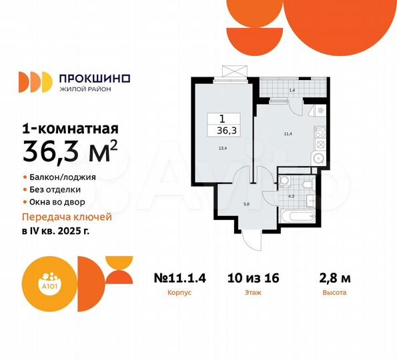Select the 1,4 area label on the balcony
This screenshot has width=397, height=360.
tap(291, 89)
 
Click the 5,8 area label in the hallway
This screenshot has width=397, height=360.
tap(246, 203)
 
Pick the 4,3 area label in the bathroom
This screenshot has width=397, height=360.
tap(290, 196)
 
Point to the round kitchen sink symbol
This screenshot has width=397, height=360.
tap(319, 159)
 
